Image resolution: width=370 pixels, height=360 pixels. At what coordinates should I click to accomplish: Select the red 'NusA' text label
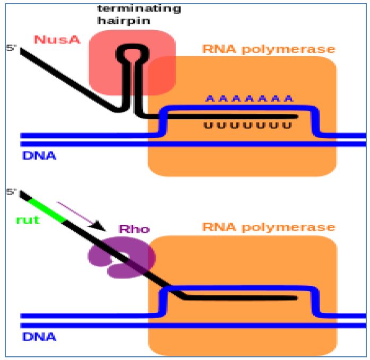pos(58,40)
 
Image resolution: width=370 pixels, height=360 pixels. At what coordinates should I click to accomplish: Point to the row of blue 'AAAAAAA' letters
pos(249,99)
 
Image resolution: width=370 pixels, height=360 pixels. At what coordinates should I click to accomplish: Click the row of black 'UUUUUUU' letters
pos(248,126)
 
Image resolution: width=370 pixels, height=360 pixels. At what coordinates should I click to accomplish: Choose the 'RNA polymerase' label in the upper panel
pos(269,49)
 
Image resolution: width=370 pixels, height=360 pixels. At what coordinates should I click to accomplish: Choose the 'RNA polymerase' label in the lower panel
pos(269,227)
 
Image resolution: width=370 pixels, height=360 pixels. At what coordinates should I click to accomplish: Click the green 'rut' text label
pos(28,219)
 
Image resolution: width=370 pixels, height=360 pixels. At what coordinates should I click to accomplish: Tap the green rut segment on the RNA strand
pos(47,210)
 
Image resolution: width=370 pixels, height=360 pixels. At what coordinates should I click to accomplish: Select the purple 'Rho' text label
pos(134,230)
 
